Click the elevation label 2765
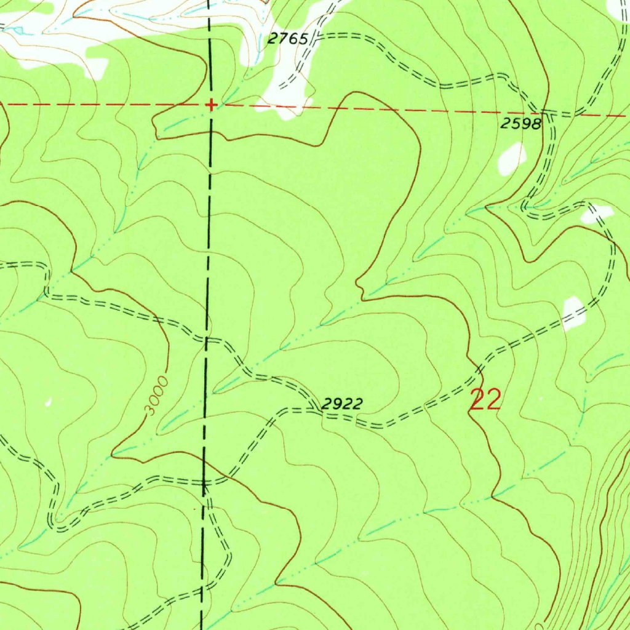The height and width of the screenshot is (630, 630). (x=287, y=39)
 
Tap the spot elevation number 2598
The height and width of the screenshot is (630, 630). (x=520, y=124)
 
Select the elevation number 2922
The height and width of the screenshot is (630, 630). (x=343, y=404)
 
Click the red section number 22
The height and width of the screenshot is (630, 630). (x=485, y=400)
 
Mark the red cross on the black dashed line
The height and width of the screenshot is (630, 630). (x=211, y=105)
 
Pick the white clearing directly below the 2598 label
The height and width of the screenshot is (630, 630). (x=511, y=158)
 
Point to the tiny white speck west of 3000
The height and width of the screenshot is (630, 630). (x=49, y=403)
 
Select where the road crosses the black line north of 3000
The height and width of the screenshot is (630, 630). (x=208, y=338)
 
